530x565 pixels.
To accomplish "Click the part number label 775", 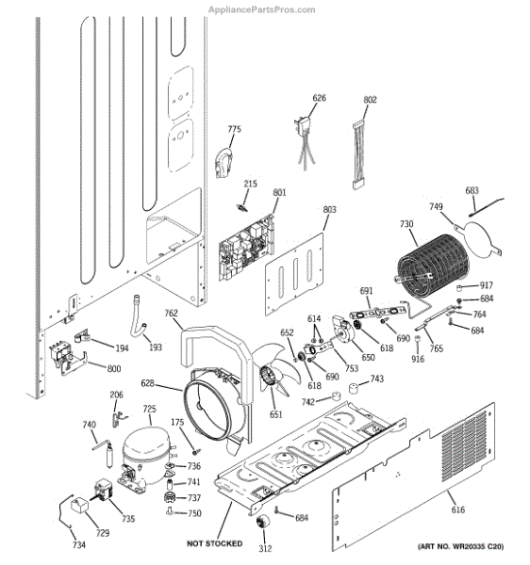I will tap(234, 129).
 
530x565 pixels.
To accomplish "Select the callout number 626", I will tap(319, 98).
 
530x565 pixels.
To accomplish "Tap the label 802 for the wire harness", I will tap(370, 99).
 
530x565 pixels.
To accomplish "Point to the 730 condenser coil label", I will tap(406, 224).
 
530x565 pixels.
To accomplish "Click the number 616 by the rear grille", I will tap(457, 509).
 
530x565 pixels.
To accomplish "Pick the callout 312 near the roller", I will tap(266, 549).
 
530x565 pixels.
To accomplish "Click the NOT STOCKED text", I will tap(214, 543).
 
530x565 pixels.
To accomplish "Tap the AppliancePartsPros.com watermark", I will tap(261, 8).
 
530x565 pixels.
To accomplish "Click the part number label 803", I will tap(328, 211).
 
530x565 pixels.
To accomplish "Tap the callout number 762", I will tap(171, 314).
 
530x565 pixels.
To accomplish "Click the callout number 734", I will tap(78, 545).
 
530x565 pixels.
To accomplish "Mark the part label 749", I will tap(436, 207).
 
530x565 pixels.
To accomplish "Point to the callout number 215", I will tap(250, 184).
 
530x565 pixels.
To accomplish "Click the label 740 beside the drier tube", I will tap(89, 425).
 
